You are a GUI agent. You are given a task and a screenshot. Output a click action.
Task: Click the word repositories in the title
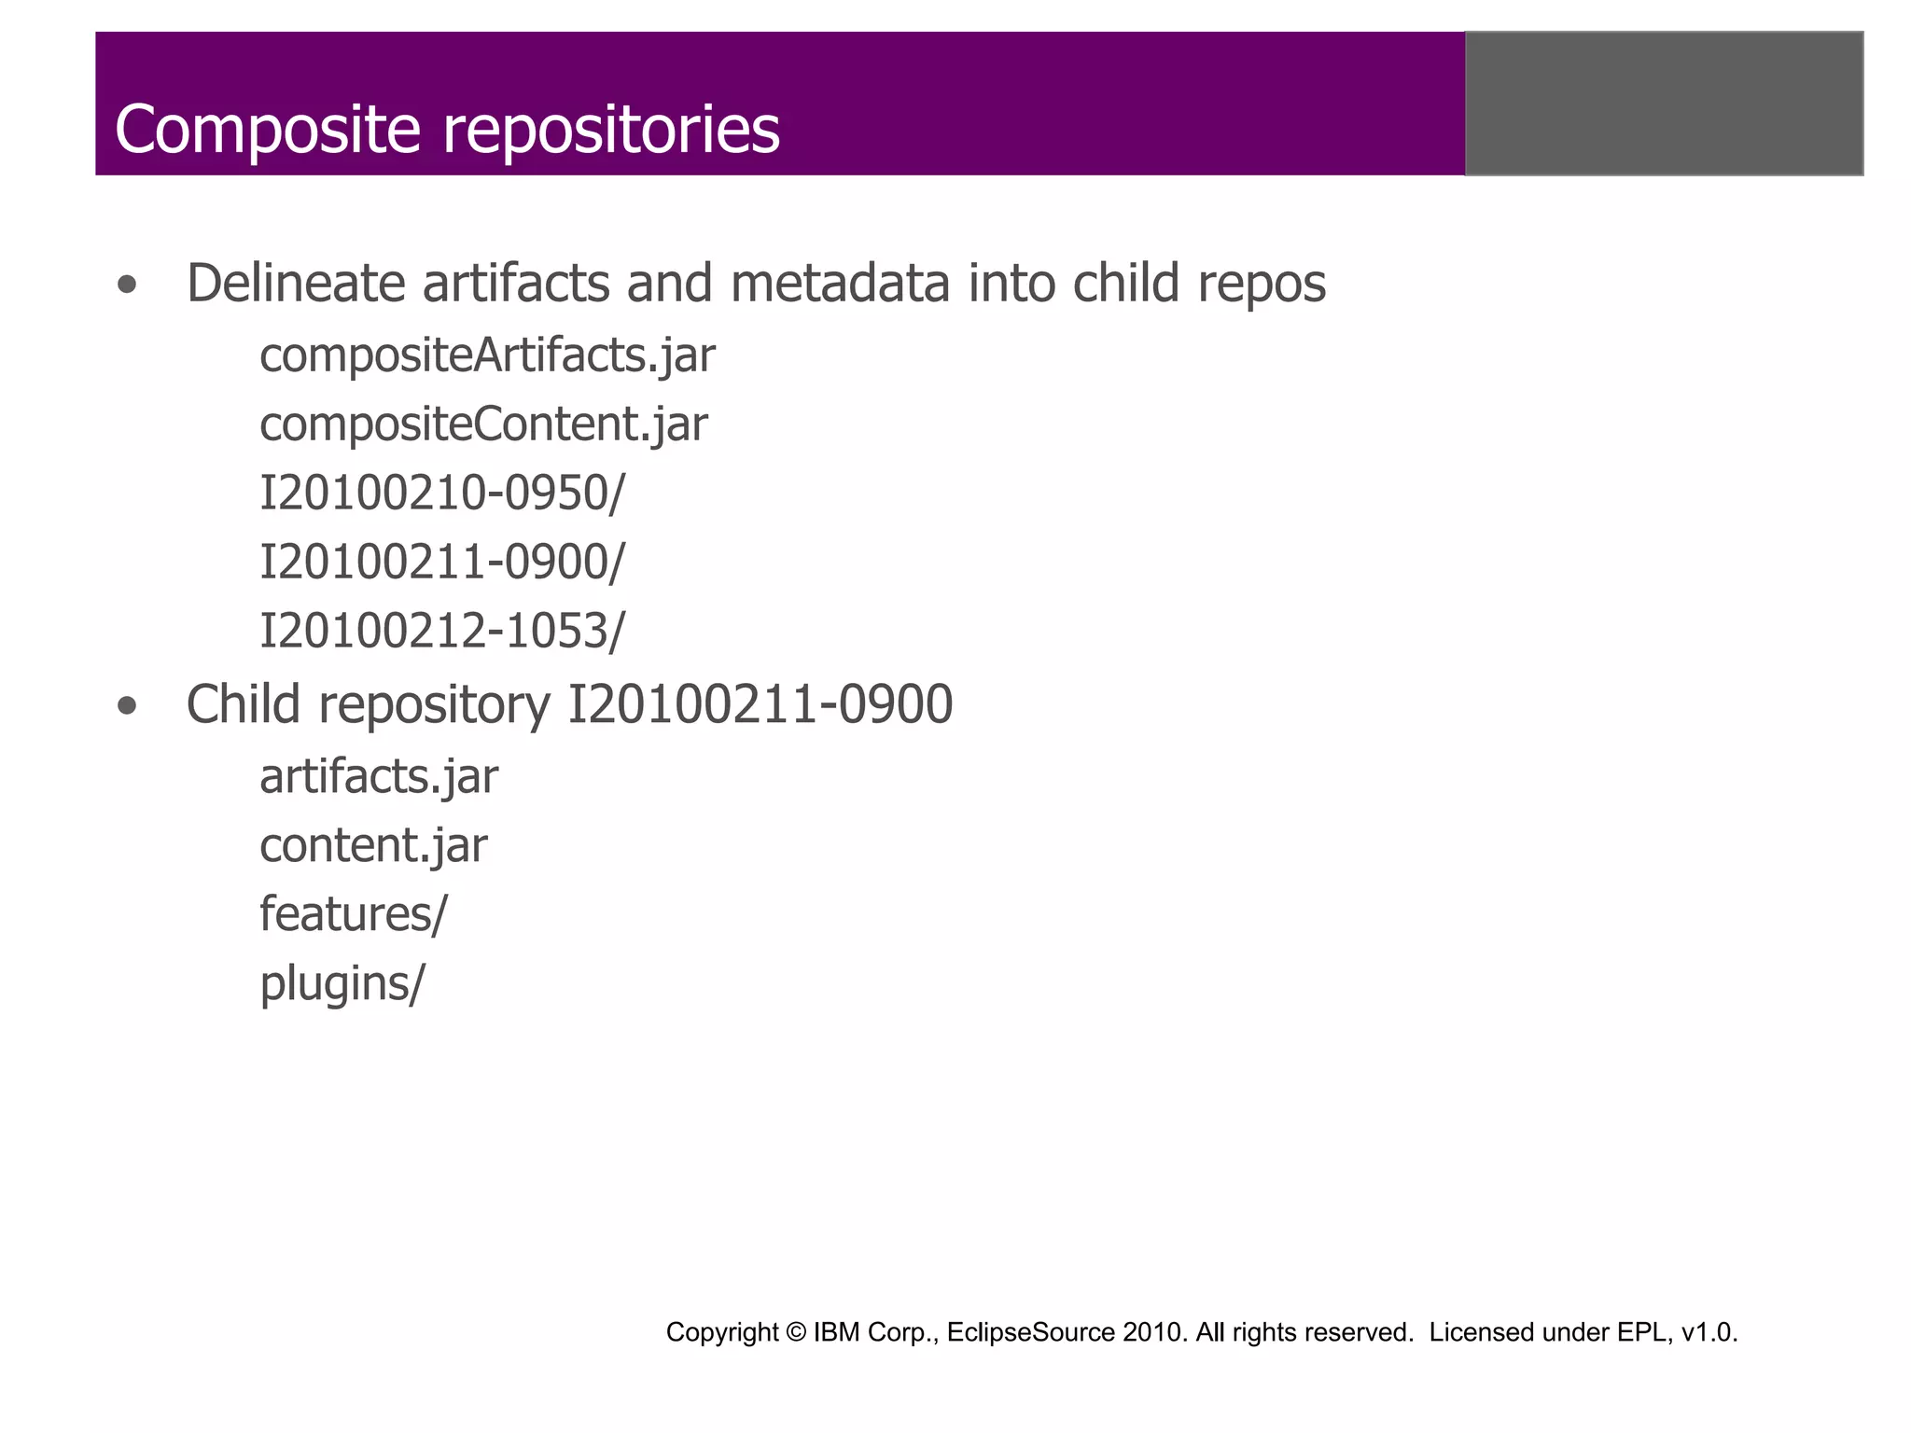point(611,131)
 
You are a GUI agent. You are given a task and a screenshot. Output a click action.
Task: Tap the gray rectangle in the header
point(1664,104)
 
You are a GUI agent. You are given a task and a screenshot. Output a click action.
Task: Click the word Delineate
point(296,284)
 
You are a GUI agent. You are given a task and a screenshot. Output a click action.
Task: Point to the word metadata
point(840,284)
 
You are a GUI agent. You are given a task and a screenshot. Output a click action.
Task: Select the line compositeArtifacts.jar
point(487,356)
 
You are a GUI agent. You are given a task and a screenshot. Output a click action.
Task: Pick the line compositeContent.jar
point(483,425)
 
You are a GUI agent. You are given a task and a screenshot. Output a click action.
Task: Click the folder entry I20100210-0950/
point(441,494)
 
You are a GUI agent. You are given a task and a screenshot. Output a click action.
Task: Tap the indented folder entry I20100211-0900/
point(441,563)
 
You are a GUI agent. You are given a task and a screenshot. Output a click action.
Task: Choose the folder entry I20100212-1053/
point(441,632)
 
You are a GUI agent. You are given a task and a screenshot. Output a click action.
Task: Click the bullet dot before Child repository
point(128,707)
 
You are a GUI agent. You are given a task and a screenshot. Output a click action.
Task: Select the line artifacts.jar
point(379,777)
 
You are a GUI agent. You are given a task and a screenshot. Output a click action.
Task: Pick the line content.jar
point(373,846)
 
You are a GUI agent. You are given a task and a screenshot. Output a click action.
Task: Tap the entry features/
point(354,914)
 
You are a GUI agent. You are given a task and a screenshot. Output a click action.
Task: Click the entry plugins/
point(342,984)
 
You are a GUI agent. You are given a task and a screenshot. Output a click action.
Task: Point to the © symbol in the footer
point(795,1332)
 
